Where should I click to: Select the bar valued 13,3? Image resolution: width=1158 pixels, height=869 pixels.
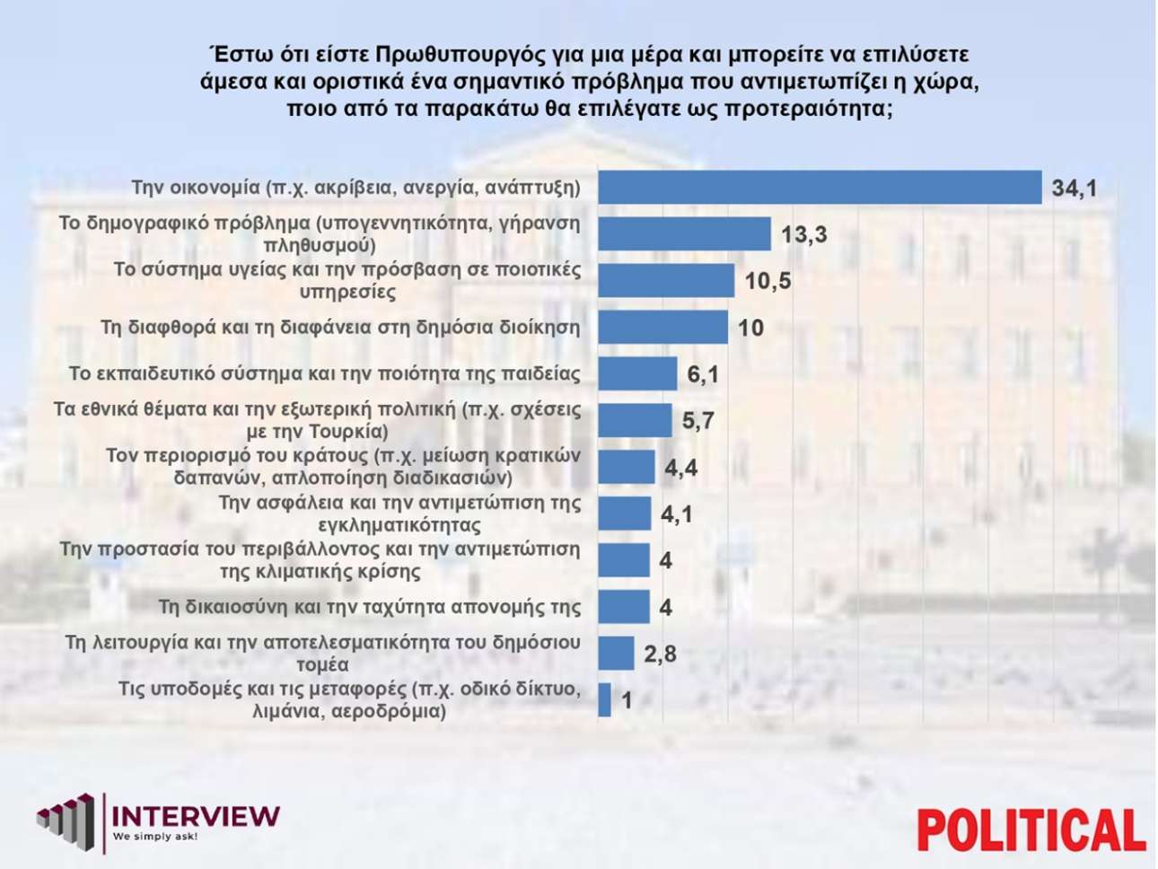tap(684, 234)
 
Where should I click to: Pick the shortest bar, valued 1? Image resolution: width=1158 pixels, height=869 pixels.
tap(604, 700)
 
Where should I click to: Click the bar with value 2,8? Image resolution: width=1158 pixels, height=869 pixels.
tap(616, 654)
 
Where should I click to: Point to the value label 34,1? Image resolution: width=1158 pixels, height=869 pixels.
tap(1075, 189)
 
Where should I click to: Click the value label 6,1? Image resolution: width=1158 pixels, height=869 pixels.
tap(703, 373)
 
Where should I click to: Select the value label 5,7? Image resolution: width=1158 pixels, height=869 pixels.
tap(697, 420)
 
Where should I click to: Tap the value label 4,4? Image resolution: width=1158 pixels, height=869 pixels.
tap(680, 468)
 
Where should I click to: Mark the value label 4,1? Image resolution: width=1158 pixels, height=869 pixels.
tap(677, 514)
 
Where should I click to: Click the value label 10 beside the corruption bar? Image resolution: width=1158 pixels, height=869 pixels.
tap(750, 328)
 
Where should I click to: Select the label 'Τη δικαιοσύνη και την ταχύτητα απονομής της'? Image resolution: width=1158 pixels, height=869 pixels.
tap(370, 607)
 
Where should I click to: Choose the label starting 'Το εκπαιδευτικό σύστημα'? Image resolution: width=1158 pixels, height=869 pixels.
tap(325, 373)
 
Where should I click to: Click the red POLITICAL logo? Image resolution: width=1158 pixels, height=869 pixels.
tap(1031, 829)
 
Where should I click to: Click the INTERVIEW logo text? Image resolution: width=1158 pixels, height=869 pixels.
tap(196, 816)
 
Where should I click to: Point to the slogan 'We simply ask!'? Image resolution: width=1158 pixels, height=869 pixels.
tap(154, 837)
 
